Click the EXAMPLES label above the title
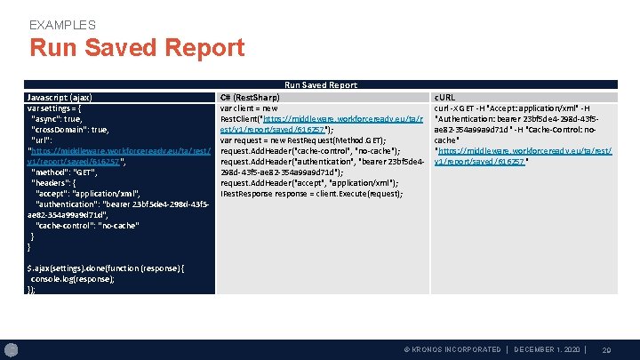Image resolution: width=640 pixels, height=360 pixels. (62, 25)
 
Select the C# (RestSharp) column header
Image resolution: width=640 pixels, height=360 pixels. (250, 96)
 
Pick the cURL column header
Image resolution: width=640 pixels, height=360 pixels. (444, 96)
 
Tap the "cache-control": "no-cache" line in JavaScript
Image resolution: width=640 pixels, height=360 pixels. (86, 226)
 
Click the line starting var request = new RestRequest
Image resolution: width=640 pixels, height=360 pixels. (302, 140)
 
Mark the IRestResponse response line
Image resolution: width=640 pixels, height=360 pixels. (311, 193)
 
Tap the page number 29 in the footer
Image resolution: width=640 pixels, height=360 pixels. (607, 350)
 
